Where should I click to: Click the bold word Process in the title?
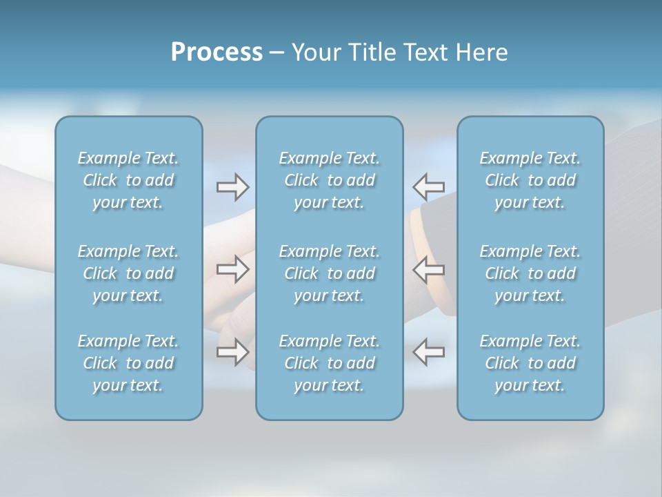pyautogui.click(x=217, y=52)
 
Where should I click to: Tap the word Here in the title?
pyautogui.click(x=482, y=52)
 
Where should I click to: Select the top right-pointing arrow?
pyautogui.click(x=232, y=187)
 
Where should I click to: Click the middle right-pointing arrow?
pyautogui.click(x=232, y=269)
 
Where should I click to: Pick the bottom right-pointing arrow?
pyautogui.click(x=232, y=351)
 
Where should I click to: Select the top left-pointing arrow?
pyautogui.click(x=428, y=187)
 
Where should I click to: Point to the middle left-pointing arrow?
pyautogui.click(x=428, y=269)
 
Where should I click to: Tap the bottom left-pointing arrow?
pyautogui.click(x=428, y=351)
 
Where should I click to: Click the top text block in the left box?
pyautogui.click(x=128, y=180)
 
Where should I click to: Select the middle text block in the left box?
pyautogui.click(x=128, y=273)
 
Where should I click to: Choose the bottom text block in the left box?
pyautogui.click(x=128, y=363)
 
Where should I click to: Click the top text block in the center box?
pyautogui.click(x=330, y=180)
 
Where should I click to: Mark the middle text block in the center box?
pyautogui.click(x=330, y=273)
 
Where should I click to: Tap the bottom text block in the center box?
pyautogui.click(x=330, y=363)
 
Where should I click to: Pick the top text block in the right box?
pyautogui.click(x=530, y=180)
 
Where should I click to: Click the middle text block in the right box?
pyautogui.click(x=530, y=273)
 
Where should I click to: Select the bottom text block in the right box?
pyautogui.click(x=530, y=363)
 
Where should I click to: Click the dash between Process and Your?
pyautogui.click(x=277, y=53)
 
